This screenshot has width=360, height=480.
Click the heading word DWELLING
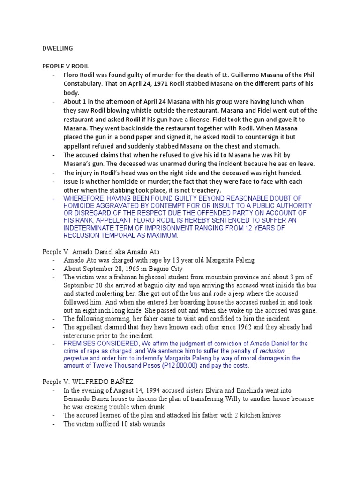[57, 48]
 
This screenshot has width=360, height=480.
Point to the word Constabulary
[82, 83]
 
